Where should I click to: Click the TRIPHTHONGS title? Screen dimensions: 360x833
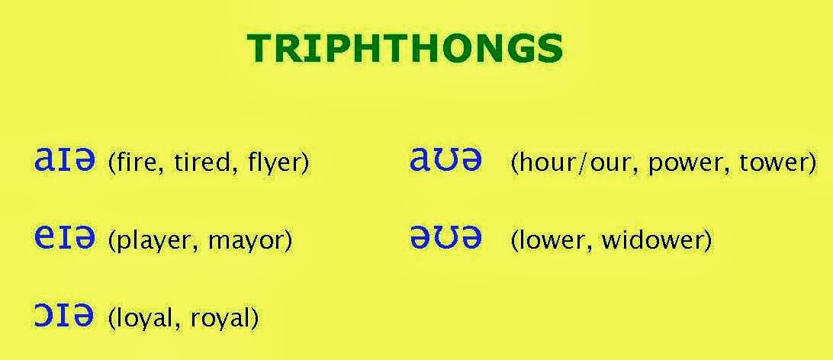coord(405,50)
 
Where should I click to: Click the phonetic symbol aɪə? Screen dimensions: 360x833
coord(65,161)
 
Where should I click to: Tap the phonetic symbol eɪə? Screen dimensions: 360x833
coord(65,239)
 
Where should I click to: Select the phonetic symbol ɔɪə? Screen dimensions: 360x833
coord(65,315)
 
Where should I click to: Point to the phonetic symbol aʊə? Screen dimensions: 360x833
coord(446,161)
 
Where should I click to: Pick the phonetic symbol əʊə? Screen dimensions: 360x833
coord(446,239)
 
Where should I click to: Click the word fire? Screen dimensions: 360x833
coord(135,163)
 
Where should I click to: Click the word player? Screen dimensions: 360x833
coord(148,242)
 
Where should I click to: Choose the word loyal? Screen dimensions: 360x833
coord(142,317)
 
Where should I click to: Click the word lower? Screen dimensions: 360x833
coord(552,242)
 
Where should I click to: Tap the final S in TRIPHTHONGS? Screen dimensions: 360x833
coord(551,50)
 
